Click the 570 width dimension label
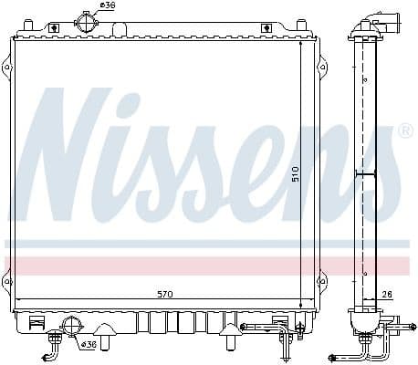click(165, 295)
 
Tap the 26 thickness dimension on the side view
click(387, 294)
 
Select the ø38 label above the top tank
click(108, 6)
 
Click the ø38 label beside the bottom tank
click(89, 344)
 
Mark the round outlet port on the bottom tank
click(70, 326)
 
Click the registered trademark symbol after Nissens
click(404, 131)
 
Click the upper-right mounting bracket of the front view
click(320, 66)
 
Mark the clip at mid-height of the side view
click(365, 173)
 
